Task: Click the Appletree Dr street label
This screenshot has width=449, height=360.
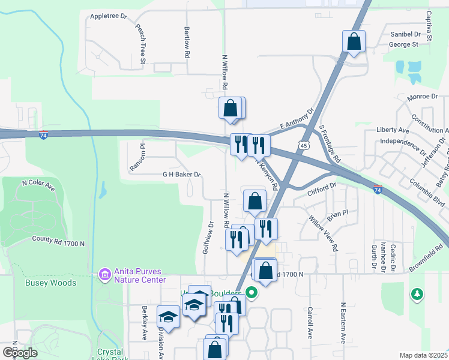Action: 108,17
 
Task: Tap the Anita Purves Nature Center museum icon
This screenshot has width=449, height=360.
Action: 105,274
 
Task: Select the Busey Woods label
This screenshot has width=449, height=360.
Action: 50,283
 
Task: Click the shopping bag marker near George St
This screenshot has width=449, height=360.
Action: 354,42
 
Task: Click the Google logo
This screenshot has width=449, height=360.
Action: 20,352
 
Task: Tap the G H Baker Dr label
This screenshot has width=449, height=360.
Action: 181,175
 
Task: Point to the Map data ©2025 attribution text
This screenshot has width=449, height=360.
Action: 424,355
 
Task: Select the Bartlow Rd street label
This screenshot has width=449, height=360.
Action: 187,42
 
